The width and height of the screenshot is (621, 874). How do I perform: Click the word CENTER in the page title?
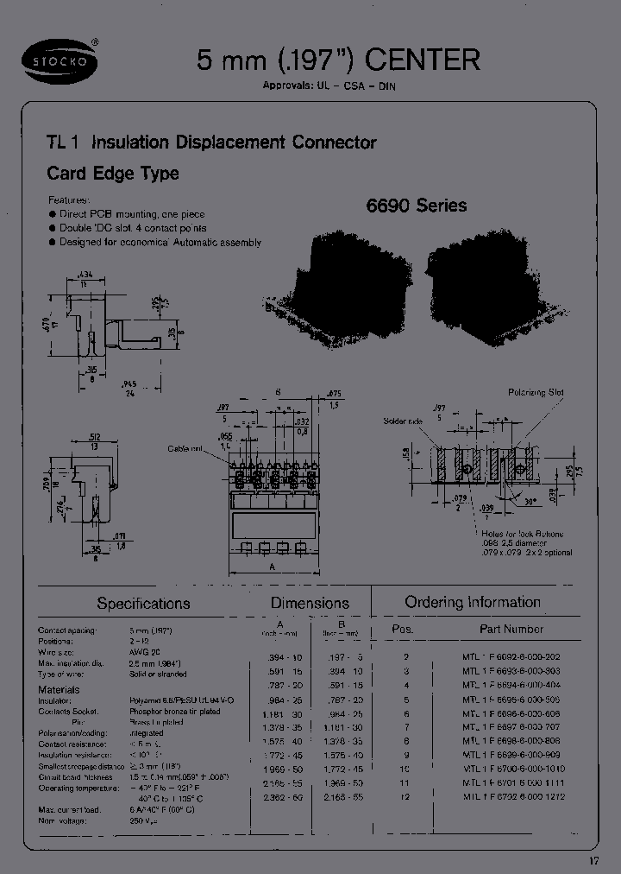[x=423, y=60]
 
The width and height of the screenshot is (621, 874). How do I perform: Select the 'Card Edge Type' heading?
[x=112, y=173]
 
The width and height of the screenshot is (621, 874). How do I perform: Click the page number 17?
[x=593, y=860]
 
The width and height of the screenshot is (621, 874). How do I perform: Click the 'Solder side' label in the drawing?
[x=404, y=421]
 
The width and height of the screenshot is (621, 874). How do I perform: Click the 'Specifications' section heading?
[x=143, y=604]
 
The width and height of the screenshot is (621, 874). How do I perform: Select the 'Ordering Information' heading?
[x=473, y=602]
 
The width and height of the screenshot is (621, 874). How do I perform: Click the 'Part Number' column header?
[x=511, y=629]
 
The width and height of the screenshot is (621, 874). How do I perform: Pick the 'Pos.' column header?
[x=403, y=629]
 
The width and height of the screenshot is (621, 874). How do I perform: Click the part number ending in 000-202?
[x=512, y=657]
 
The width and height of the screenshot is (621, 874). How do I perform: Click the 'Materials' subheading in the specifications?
[x=59, y=690]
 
